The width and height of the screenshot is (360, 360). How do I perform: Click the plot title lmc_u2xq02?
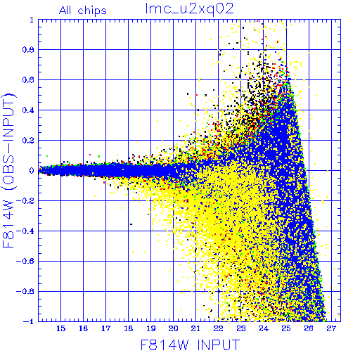click(x=189, y=9)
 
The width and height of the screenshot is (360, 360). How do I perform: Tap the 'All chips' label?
click(x=83, y=11)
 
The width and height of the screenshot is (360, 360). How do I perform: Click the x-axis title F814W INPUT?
click(x=190, y=345)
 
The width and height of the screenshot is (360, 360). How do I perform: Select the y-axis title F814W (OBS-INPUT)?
click(x=8, y=170)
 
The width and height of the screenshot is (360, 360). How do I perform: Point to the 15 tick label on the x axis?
click(x=61, y=328)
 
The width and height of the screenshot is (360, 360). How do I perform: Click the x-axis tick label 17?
click(x=106, y=328)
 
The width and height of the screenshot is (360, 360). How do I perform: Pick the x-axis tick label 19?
click(x=151, y=328)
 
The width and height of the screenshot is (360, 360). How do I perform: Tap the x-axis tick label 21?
click(x=195, y=328)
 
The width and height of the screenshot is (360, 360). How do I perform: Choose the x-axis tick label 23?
click(x=241, y=328)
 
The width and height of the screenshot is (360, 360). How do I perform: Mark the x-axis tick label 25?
click(x=286, y=328)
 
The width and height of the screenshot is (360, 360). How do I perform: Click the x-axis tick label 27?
click(x=331, y=328)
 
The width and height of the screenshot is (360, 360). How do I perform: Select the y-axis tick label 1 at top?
click(x=32, y=20)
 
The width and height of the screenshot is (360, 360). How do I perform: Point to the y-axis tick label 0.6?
click(x=28, y=80)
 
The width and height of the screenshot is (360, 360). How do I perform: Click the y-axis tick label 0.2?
click(x=28, y=141)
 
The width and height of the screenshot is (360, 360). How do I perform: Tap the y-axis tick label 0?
click(x=32, y=171)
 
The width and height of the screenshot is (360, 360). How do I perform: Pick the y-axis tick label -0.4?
click(x=25, y=231)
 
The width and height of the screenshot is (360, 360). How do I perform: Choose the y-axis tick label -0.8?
click(x=25, y=291)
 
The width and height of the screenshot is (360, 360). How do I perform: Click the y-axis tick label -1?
click(x=28, y=321)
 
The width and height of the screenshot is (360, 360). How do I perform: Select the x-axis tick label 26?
click(x=309, y=328)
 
